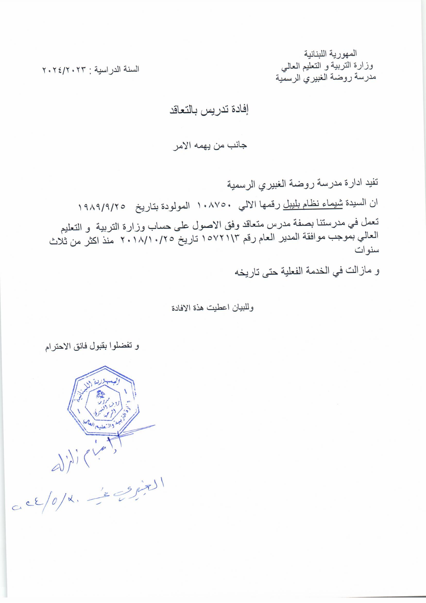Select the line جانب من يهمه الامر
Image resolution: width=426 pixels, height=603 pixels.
[209, 146]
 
